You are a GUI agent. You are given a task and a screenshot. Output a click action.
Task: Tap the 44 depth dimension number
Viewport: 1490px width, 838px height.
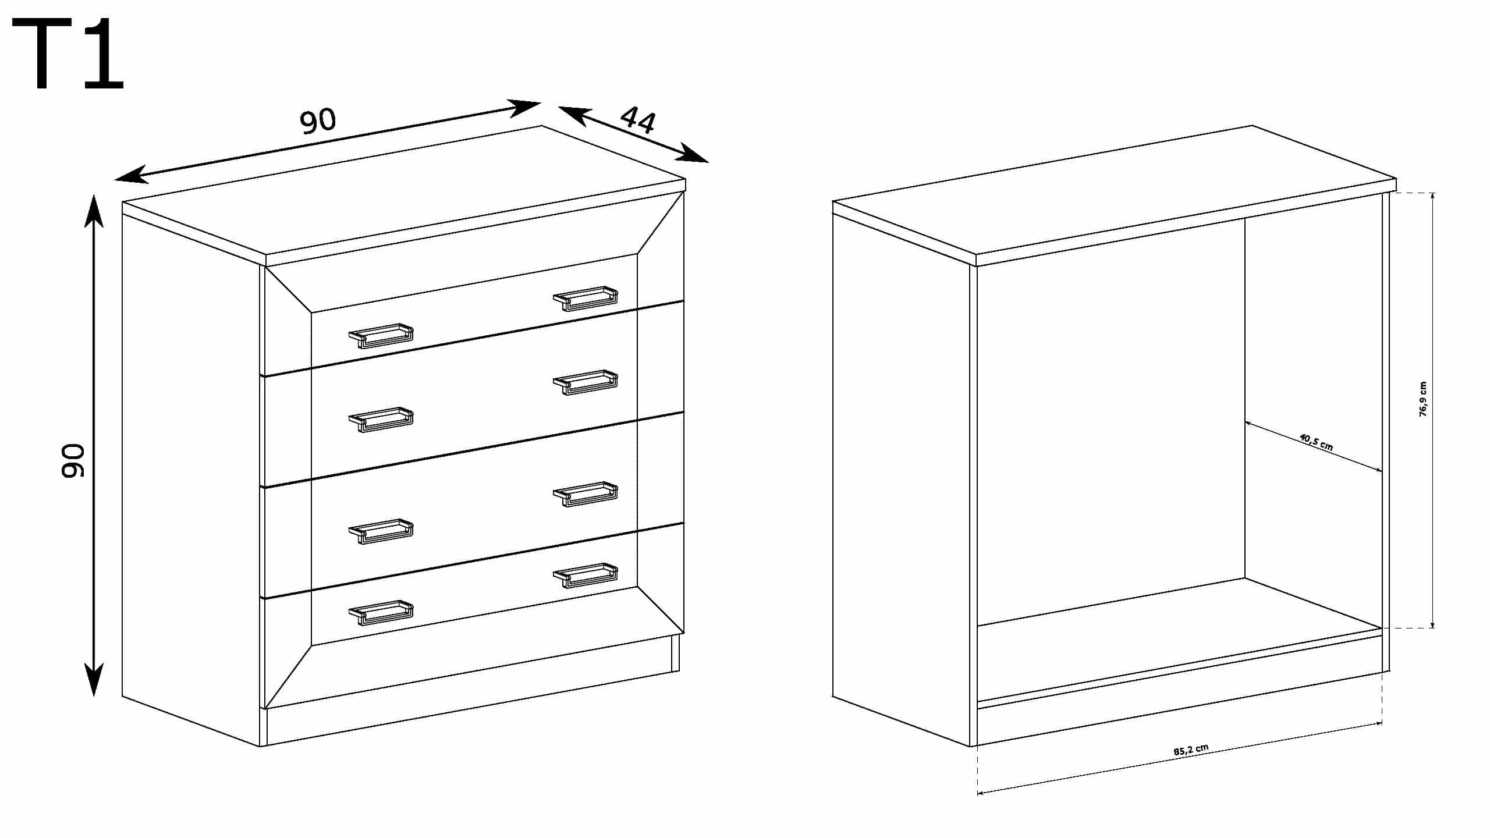pos(638,120)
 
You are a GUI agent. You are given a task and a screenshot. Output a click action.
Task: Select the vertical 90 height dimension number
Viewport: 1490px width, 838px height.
pos(73,461)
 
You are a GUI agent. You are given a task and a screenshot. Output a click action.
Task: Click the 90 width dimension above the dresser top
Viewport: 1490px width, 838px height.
pos(318,120)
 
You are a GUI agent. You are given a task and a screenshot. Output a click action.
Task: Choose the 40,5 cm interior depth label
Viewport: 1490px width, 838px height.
pos(1316,442)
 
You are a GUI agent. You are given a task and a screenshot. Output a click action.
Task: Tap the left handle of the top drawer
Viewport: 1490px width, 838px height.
pos(381,336)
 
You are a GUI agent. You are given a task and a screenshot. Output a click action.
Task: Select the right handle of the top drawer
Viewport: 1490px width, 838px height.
pos(585,299)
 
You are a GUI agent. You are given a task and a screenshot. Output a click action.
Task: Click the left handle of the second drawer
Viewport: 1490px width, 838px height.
pos(381,420)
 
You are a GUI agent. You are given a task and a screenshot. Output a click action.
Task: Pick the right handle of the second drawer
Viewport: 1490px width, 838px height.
pos(585,382)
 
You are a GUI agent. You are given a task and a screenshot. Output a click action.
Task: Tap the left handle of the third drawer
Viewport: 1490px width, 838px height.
pos(381,531)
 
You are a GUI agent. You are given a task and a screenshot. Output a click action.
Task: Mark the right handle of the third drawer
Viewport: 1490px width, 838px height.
pos(585,494)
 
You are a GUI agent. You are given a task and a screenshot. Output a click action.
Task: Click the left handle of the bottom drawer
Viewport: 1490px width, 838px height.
pos(381,613)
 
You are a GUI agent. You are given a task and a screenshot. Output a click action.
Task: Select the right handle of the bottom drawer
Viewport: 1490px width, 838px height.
pos(585,576)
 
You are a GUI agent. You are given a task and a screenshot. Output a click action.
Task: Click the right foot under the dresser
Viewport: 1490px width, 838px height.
pos(675,652)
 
